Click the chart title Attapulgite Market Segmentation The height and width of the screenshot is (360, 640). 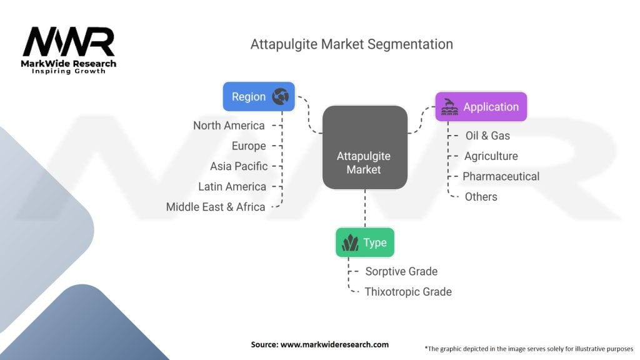tap(351, 44)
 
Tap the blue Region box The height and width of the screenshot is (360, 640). tap(259, 97)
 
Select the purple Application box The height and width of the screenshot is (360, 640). tap(481, 107)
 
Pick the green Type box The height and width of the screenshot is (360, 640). tap(365, 242)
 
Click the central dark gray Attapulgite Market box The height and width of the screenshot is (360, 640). tap(364, 147)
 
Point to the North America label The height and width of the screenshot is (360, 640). tap(229, 126)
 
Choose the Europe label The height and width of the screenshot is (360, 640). tap(248, 146)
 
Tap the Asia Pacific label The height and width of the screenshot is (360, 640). tap(239, 166)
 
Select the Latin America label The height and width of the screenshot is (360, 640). tap(232, 186)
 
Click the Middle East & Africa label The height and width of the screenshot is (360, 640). tap(216, 207)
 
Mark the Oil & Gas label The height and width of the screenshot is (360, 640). tap(487, 136)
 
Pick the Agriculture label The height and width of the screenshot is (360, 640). tap(491, 156)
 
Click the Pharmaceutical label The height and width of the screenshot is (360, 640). tap(501, 176)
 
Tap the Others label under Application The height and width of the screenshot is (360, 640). tap(481, 197)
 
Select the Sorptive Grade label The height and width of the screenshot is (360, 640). tap(401, 271)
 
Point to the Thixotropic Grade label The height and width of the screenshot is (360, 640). tap(408, 292)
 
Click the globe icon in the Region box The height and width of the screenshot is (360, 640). tap(281, 97)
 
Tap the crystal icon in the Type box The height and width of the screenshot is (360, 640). tap(350, 242)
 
